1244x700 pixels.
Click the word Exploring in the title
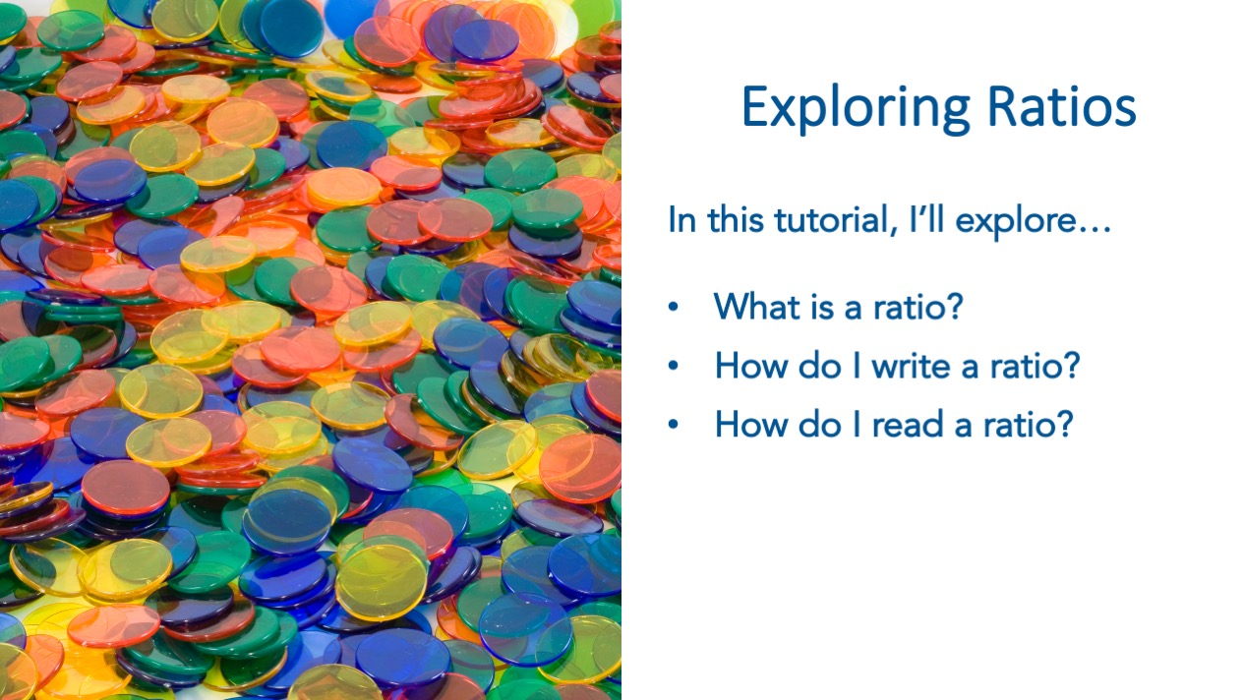point(856,108)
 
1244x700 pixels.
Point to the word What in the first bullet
point(756,306)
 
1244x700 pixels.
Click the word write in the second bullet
point(911,366)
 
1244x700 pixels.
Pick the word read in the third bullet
point(908,424)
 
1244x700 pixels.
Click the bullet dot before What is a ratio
point(674,307)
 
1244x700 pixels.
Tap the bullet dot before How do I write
point(674,366)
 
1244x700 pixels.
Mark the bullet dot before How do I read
point(674,425)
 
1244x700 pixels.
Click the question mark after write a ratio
point(1072,365)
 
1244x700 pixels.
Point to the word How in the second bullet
point(750,366)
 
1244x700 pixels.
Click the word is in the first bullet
point(821,307)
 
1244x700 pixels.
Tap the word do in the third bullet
point(819,424)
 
